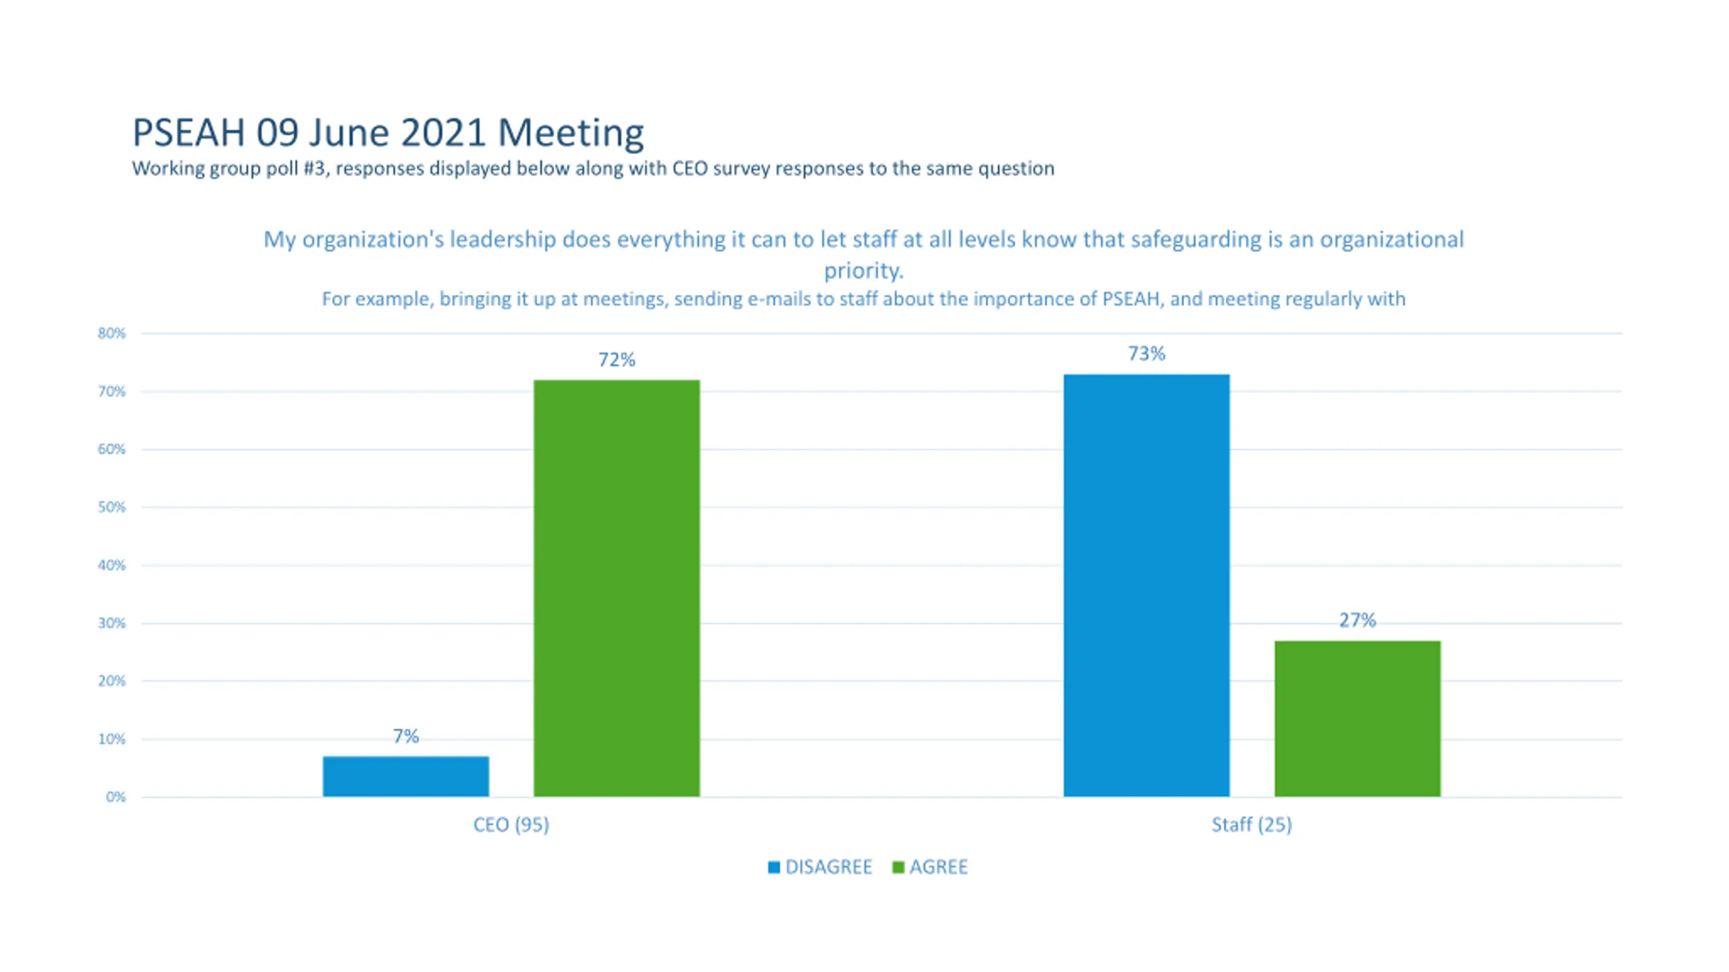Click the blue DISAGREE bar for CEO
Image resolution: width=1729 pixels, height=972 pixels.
pyautogui.click(x=405, y=776)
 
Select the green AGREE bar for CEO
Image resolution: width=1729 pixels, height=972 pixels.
pyautogui.click(x=617, y=587)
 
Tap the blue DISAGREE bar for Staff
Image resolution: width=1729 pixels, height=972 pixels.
pyautogui.click(x=1146, y=585)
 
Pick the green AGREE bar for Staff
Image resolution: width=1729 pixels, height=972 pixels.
pyautogui.click(x=1357, y=718)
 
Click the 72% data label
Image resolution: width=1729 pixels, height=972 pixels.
pyautogui.click(x=617, y=360)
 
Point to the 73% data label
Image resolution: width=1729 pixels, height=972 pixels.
pyautogui.click(x=1146, y=354)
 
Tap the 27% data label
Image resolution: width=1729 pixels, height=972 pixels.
pyautogui.click(x=1357, y=620)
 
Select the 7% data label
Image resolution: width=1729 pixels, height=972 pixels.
pyautogui.click(x=405, y=736)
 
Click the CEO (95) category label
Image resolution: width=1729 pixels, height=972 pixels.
pyautogui.click(x=511, y=825)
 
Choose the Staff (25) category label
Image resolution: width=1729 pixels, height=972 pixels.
pyautogui.click(x=1251, y=825)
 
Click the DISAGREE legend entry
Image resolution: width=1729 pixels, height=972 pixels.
pyautogui.click(x=821, y=867)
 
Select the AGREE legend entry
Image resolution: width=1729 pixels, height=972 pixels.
pyautogui.click(x=931, y=867)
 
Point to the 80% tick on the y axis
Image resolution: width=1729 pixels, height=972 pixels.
pyautogui.click(x=111, y=333)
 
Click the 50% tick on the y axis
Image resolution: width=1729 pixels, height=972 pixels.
pyautogui.click(x=111, y=508)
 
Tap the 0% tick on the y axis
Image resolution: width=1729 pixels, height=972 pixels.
pyautogui.click(x=115, y=797)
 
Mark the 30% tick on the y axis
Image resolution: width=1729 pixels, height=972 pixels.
pyautogui.click(x=111, y=623)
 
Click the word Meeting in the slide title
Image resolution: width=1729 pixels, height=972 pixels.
pyautogui.click(x=571, y=133)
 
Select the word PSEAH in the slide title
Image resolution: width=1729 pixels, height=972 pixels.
pyautogui.click(x=188, y=133)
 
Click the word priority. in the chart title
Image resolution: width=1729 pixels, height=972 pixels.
pyautogui.click(x=863, y=271)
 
